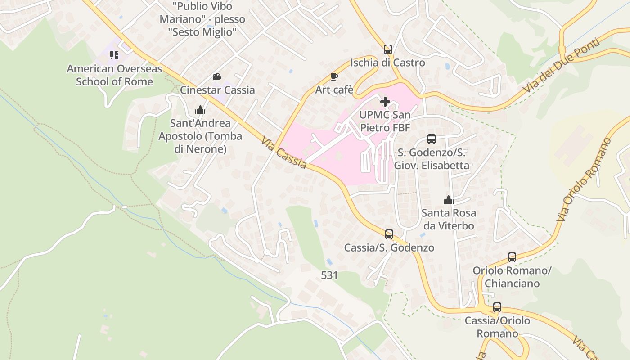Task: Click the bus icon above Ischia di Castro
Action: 387,49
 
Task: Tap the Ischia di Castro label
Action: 387,63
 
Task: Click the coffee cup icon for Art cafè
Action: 334,76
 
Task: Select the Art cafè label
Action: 334,90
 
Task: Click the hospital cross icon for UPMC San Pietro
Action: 385,102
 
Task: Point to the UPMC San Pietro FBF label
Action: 385,121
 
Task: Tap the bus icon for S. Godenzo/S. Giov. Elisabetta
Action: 432,139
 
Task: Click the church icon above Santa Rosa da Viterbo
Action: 448,199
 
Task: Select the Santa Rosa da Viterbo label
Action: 449,219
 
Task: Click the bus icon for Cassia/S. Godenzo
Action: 389,234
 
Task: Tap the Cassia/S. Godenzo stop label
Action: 389,248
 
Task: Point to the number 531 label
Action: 329,275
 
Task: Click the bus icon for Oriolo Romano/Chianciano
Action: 512,257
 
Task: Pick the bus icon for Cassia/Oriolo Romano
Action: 497,307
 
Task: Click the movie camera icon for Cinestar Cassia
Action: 217,76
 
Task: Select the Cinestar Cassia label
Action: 217,90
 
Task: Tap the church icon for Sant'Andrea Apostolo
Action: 200,109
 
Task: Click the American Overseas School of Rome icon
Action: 114,55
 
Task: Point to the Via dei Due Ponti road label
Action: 562,67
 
